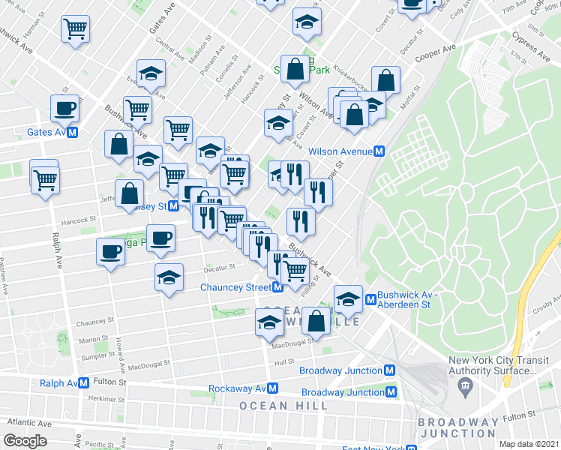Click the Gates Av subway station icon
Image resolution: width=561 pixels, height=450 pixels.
73,133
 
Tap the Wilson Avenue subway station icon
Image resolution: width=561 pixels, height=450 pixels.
380,151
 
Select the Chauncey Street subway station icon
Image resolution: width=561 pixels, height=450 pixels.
277,287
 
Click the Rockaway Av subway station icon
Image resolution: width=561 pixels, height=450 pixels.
274,388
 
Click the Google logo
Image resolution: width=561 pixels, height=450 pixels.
25,441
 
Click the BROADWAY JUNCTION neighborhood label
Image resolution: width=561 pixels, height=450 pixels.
457,427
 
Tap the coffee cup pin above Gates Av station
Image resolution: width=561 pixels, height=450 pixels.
64,108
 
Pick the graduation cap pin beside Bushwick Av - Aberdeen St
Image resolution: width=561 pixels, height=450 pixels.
348,299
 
